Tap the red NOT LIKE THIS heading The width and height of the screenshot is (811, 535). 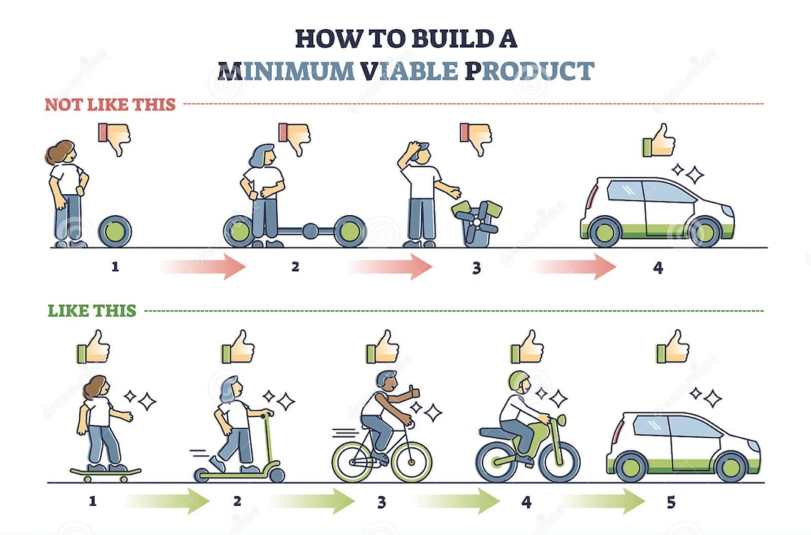[x=110, y=104]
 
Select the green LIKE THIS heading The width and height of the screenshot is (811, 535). [x=92, y=310]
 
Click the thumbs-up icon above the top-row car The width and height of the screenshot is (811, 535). [x=660, y=140]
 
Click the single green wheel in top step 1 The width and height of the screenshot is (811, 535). [x=115, y=231]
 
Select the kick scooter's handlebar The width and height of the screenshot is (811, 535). [x=261, y=414]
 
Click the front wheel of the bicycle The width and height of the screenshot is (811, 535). [x=411, y=460]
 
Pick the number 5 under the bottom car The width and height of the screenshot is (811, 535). [x=671, y=502]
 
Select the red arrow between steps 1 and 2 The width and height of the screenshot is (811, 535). [x=203, y=267]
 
